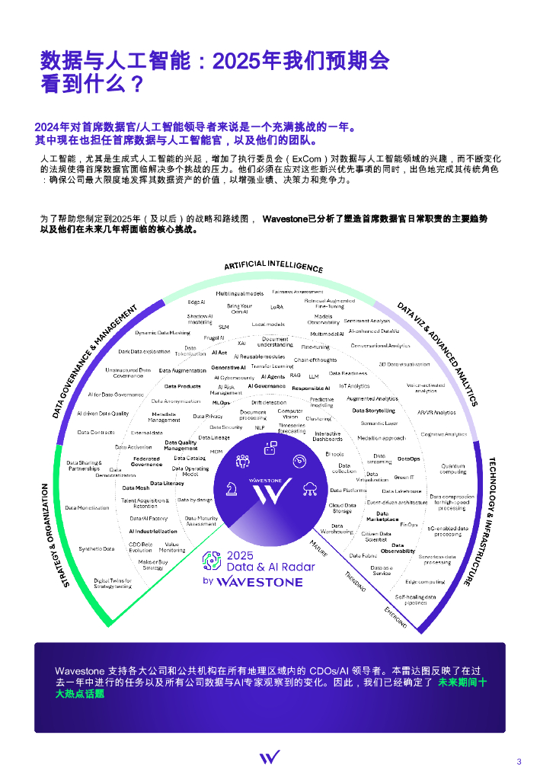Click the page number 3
pyautogui.click(x=519, y=762)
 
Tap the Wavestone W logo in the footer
pyautogui.click(x=270, y=757)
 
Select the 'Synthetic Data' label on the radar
pyautogui.click(x=97, y=548)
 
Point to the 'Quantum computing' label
pyautogui.click(x=453, y=468)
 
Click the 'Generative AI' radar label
pyautogui.click(x=228, y=368)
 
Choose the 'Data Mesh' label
pyautogui.click(x=136, y=487)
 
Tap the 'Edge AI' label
pyautogui.click(x=197, y=302)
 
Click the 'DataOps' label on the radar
pyautogui.click(x=408, y=459)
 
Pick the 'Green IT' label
pyautogui.click(x=404, y=478)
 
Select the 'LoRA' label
pyautogui.click(x=276, y=308)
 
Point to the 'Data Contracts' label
pyautogui.click(x=96, y=432)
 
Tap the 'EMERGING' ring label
pyautogui.click(x=395, y=618)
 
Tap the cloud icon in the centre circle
pyautogui.click(x=310, y=488)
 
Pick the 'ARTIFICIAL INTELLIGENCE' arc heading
pyautogui.click(x=273, y=267)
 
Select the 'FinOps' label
pyautogui.click(x=409, y=525)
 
